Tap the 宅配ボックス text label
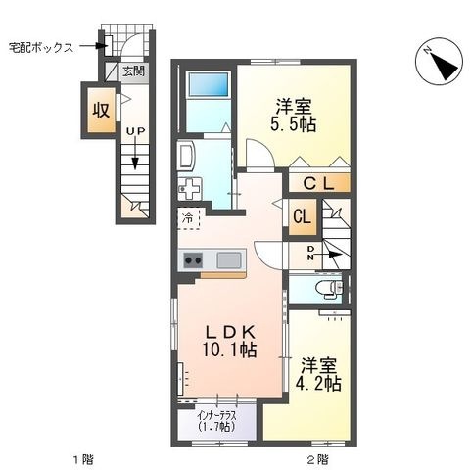point(41,48)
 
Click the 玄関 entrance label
point(133,70)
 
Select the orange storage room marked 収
point(101,111)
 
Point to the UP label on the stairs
point(135,131)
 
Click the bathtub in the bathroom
point(209,84)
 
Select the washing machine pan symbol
point(190,189)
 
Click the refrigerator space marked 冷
point(188,218)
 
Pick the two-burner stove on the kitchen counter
point(193,260)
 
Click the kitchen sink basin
point(229,260)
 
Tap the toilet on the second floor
point(329,289)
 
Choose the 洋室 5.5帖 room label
point(293,116)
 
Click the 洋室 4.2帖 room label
point(318,375)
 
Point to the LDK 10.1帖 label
point(229,341)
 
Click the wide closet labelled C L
point(319,183)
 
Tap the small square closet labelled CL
point(303,217)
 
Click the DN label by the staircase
point(310,253)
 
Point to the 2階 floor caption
point(317,459)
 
